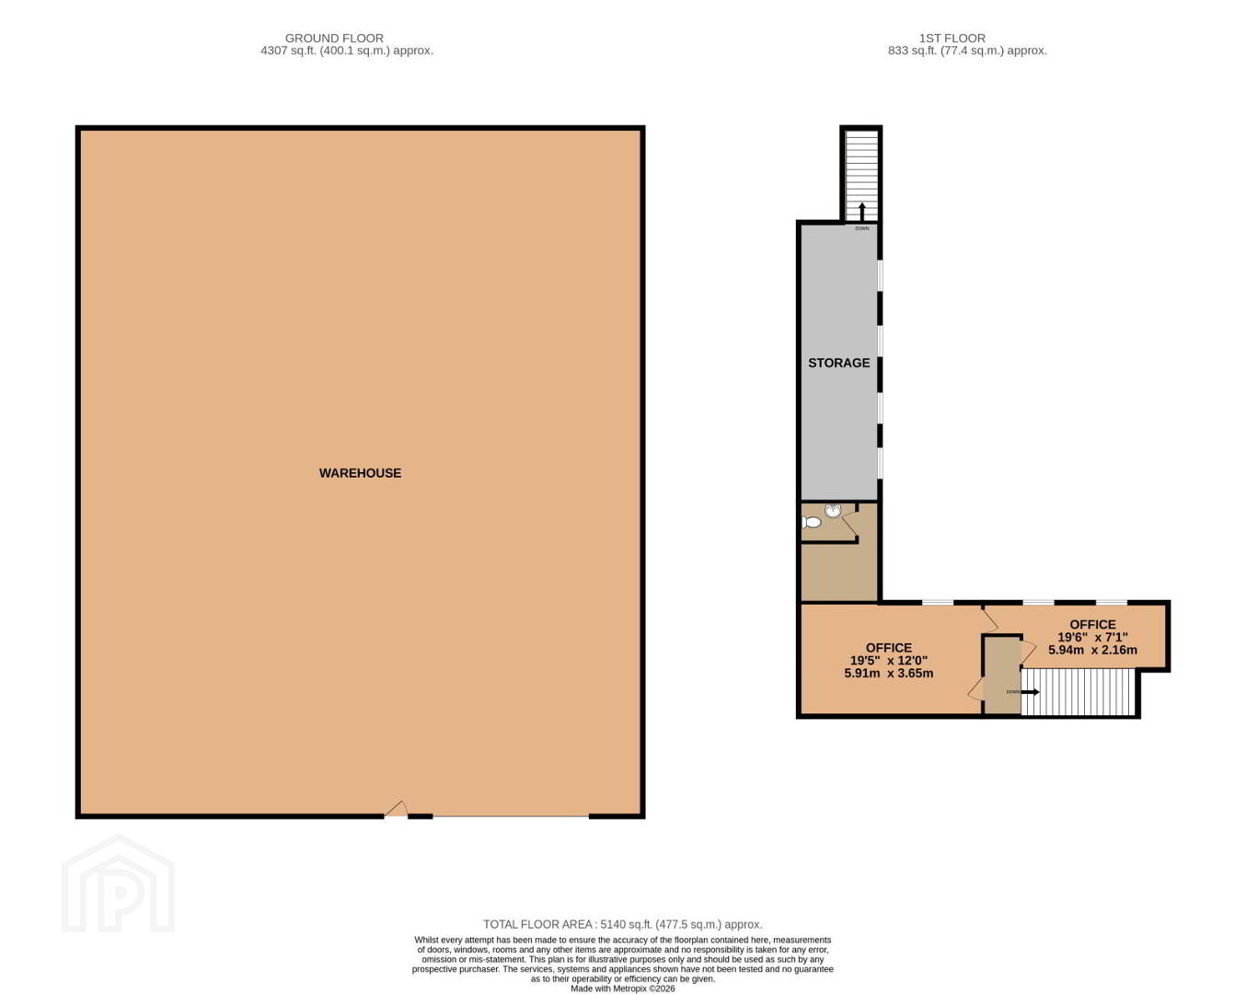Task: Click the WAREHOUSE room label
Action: pos(360,473)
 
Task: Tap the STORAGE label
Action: pos(839,363)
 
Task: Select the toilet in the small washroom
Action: pos(812,522)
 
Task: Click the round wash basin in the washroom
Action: pos(833,510)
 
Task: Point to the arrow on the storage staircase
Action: pos(861,212)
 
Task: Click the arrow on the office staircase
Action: pos(1030,691)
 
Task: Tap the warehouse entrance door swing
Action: pos(397,809)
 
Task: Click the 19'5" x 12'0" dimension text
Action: pos(889,660)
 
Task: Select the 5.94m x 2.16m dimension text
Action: pos(1092,650)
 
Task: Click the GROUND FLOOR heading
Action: pos(334,39)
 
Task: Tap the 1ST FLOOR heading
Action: pos(952,39)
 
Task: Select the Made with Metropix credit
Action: pos(623,988)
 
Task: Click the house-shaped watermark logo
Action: pos(119,884)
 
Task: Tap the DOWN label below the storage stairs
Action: pos(862,228)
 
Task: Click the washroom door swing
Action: pos(849,525)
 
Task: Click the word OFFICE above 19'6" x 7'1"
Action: pos(1092,624)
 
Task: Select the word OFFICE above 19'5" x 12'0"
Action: pos(889,648)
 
